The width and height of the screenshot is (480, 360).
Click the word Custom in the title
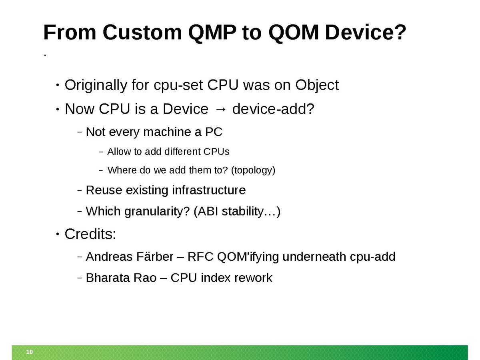click(142, 32)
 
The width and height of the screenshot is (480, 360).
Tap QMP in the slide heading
click(212, 33)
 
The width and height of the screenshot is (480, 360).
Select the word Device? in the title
click(366, 32)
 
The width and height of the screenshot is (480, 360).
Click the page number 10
click(30, 352)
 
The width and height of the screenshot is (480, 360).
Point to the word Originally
click(96, 85)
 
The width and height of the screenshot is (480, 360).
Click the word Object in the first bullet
click(317, 85)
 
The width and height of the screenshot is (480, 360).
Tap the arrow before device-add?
click(220, 109)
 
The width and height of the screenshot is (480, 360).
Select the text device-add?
click(273, 109)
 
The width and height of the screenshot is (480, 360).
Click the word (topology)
click(253, 170)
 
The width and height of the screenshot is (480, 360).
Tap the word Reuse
click(104, 190)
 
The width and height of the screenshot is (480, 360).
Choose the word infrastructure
click(209, 190)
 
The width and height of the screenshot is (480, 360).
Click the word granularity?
click(157, 212)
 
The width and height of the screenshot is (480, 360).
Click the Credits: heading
click(90, 234)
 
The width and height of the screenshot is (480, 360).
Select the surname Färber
click(155, 256)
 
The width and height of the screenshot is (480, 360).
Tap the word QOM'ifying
click(248, 257)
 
